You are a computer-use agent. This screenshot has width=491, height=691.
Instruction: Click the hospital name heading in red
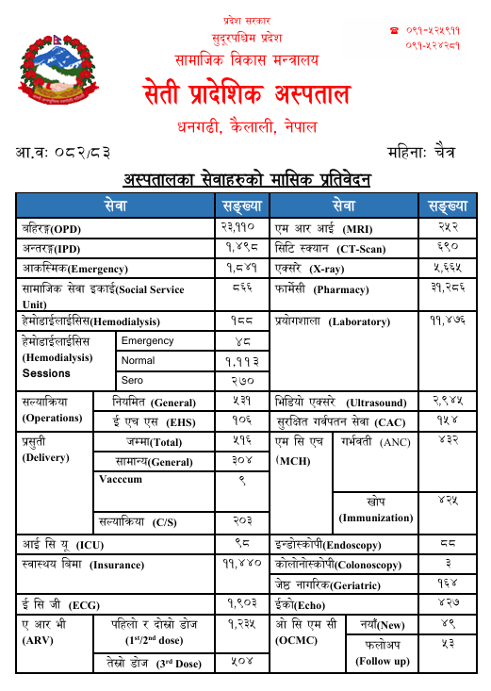(x=246, y=95)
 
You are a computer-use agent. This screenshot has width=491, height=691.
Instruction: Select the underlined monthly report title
(x=247, y=179)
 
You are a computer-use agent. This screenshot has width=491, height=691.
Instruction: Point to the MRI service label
(x=323, y=228)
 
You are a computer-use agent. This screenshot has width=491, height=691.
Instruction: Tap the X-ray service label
(x=314, y=269)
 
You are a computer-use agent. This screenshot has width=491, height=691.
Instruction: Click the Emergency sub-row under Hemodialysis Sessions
(x=148, y=341)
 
